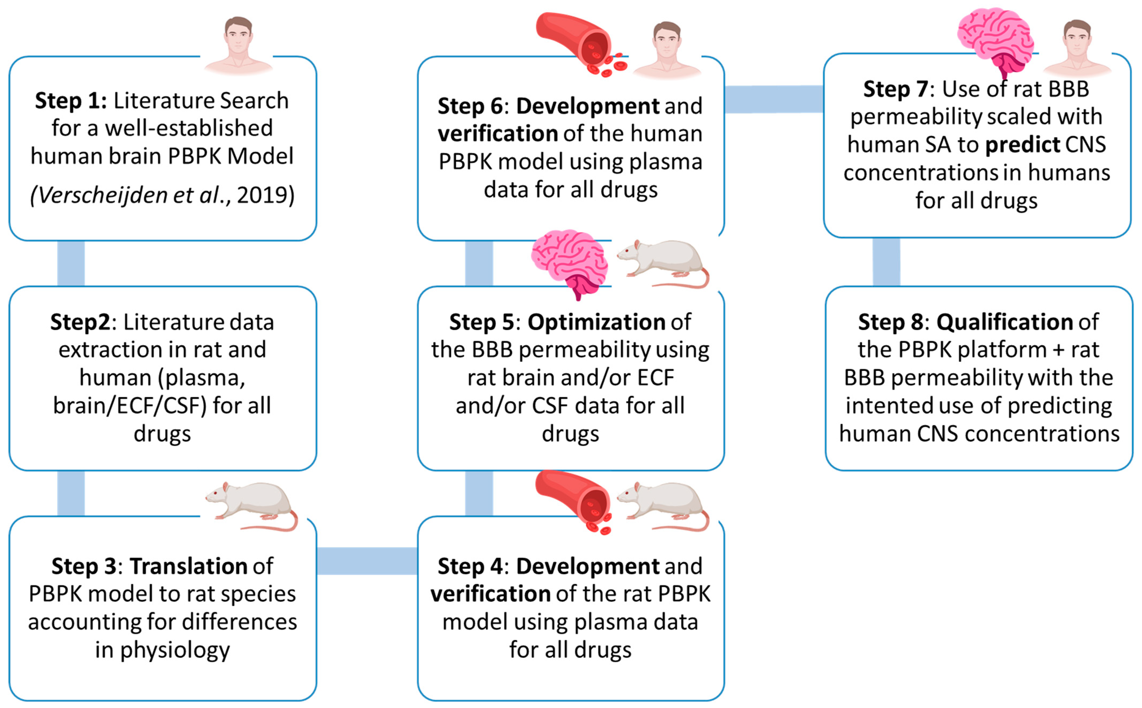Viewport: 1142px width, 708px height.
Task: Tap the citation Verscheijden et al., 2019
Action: pos(162,195)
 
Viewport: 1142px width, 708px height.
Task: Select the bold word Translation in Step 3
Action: pos(188,566)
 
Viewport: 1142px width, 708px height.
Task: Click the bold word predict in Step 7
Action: pos(1023,145)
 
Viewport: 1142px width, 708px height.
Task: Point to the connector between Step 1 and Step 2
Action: pos(71,263)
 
